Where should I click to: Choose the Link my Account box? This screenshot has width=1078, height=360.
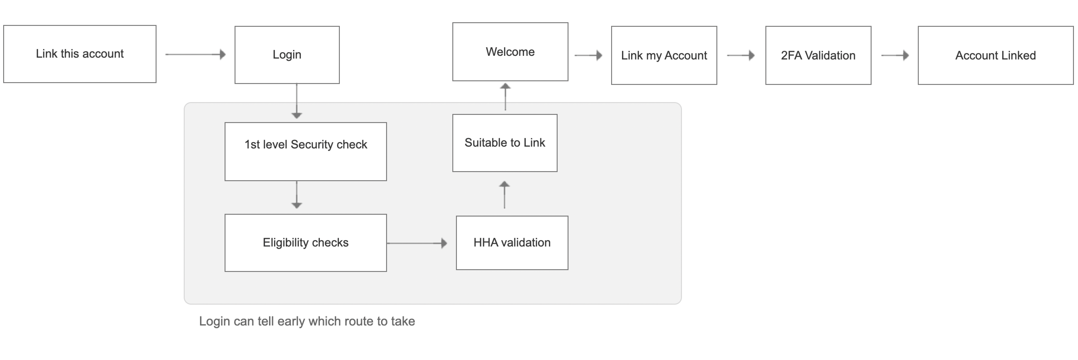coord(664,55)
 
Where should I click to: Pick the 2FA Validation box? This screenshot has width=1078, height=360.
coord(818,55)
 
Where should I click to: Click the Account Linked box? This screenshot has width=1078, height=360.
coord(996,55)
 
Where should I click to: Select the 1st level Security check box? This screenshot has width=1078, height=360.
coord(306,152)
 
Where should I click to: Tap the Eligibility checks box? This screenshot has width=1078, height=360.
coord(306,243)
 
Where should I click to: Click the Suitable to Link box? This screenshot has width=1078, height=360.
coord(505,143)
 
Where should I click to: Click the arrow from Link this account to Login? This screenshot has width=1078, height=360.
coord(195,54)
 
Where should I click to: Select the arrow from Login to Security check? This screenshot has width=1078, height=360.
coord(297,101)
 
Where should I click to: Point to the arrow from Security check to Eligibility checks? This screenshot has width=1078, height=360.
coord(297,195)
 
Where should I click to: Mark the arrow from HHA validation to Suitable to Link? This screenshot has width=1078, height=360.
coord(505,195)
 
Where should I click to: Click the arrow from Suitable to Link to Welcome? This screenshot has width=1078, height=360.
coord(505,97)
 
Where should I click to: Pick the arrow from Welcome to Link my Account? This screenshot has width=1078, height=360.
coord(588,55)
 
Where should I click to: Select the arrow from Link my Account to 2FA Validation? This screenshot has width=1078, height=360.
coord(741,55)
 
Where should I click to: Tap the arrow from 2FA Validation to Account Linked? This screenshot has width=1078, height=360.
coord(895,55)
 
